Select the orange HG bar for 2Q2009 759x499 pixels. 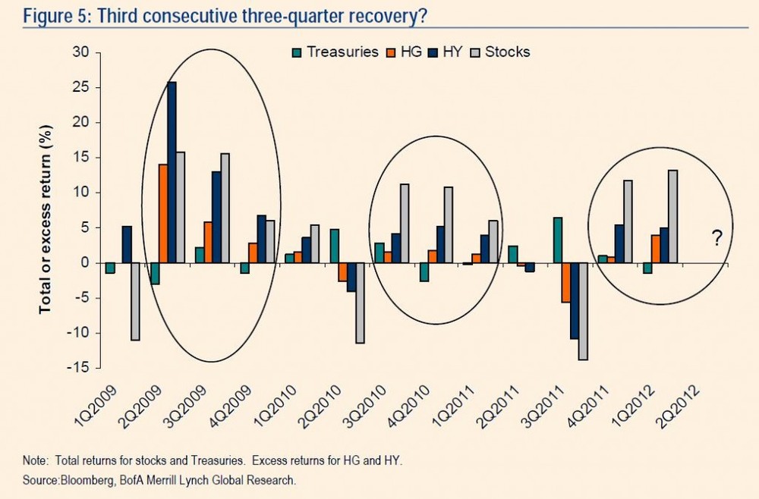[162, 213]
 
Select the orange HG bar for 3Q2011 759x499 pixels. [565, 282]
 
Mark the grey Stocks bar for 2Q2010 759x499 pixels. [360, 303]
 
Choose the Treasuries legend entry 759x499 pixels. [335, 52]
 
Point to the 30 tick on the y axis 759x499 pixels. [81, 52]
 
